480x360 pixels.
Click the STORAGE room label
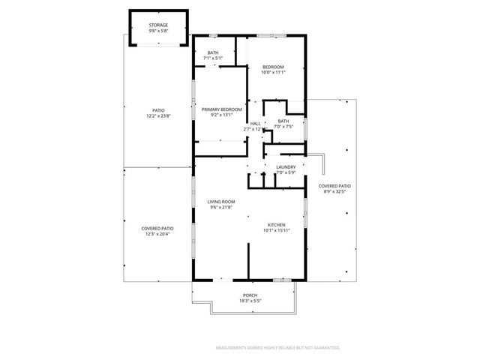pos(158,25)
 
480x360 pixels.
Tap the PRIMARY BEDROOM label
pos(222,109)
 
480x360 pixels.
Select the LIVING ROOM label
pos(222,202)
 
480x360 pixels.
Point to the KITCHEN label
pos(277,225)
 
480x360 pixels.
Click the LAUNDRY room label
pos(286,167)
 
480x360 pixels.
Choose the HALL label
pos(255,123)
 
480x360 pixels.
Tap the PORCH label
pos(250,295)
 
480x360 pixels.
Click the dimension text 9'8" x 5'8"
pos(158,31)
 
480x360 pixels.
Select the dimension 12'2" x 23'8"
pos(158,116)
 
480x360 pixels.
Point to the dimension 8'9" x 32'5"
pos(334,191)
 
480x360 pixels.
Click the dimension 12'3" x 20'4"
pos(158,234)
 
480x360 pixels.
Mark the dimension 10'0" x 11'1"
pos(273,73)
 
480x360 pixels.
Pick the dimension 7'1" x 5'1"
pos(214,58)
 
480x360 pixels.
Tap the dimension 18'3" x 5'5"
pos(250,301)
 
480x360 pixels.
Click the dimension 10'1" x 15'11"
pos(277,231)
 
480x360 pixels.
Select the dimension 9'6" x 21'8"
pos(222,208)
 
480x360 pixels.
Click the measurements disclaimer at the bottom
pos(277,348)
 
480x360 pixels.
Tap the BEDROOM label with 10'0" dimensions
pos(273,67)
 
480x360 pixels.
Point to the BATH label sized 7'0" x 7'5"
pos(283,121)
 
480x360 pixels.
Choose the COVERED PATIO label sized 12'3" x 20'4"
pos(158,228)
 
